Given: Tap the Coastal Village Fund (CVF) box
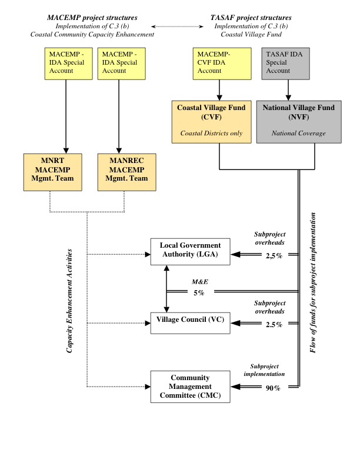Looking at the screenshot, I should tap(211, 121).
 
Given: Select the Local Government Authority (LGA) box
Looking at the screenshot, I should tap(190, 249).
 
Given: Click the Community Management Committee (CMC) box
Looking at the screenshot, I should tap(190, 387).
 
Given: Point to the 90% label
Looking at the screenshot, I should tap(272, 388).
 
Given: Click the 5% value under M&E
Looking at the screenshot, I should tap(199, 292).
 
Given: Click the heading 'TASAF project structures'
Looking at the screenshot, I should tap(250, 18).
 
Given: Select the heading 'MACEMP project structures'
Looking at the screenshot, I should tap(92, 18).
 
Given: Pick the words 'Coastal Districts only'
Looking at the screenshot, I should tap(211, 134).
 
